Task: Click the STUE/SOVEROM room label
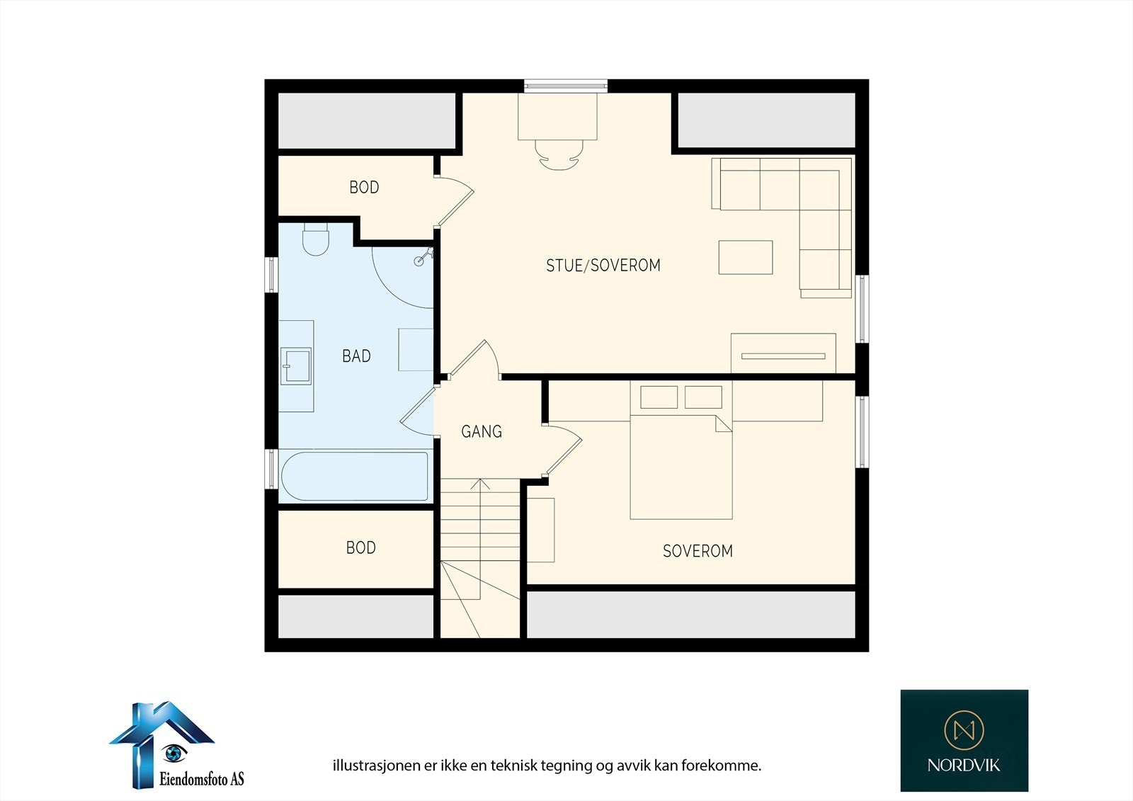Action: (x=603, y=265)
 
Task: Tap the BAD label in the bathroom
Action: (x=357, y=356)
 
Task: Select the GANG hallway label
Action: (x=482, y=431)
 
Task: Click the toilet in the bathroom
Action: (x=316, y=239)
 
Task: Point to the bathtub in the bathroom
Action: (x=355, y=476)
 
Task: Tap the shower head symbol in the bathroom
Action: (x=423, y=257)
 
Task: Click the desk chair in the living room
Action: (x=559, y=155)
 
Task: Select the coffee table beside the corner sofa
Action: (x=746, y=258)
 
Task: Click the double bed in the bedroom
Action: (x=681, y=450)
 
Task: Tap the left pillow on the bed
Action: (x=659, y=397)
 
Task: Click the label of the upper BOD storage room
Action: (x=364, y=187)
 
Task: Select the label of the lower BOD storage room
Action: (x=361, y=547)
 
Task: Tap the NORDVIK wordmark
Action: (x=964, y=765)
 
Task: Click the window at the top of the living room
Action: (x=566, y=86)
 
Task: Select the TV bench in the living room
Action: (x=783, y=353)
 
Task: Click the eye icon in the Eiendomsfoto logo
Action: (x=173, y=754)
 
